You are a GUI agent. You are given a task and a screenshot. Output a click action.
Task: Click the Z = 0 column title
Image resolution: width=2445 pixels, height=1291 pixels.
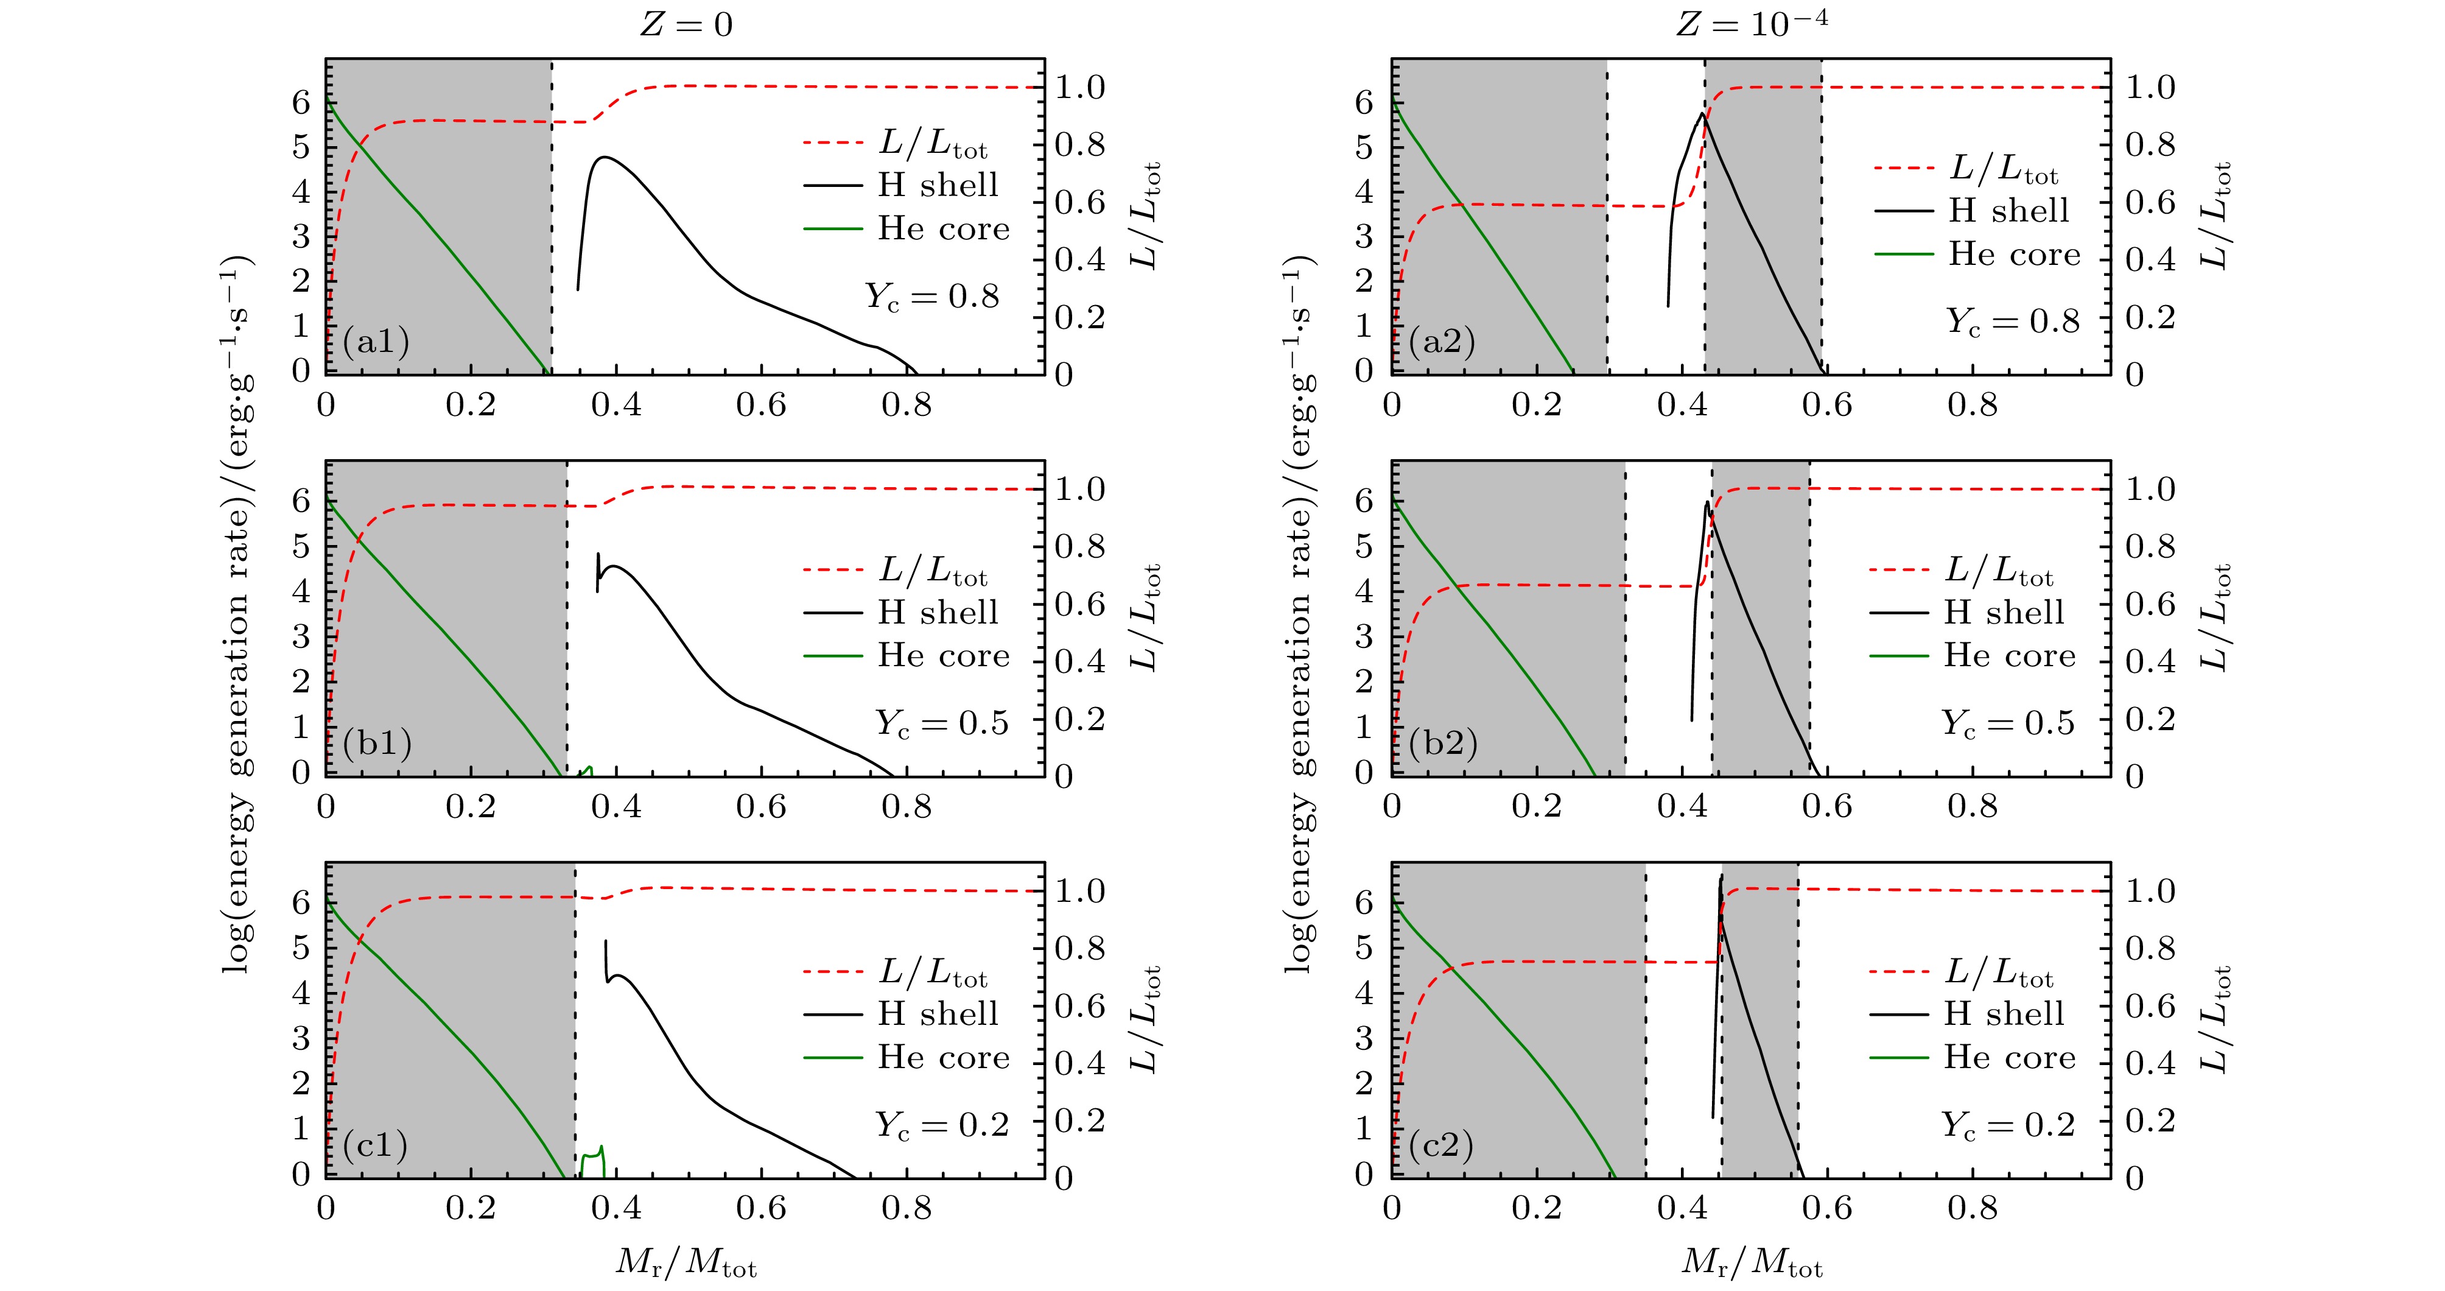point(686,24)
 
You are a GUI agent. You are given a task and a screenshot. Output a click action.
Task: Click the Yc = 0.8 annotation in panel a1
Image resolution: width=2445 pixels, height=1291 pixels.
point(932,297)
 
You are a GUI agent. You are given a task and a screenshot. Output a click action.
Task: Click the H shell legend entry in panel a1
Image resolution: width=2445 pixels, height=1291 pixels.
point(938,185)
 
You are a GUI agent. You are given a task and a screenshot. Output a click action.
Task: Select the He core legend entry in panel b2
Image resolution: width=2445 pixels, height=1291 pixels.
point(2009,656)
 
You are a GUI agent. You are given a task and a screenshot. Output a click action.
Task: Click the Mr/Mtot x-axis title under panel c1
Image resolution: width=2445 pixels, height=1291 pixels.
point(686,1262)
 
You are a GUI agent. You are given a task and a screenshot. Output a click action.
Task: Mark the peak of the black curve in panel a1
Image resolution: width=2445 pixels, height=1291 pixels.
point(604,158)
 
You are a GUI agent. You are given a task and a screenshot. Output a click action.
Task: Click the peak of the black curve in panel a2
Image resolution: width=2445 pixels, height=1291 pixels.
point(1701,114)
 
